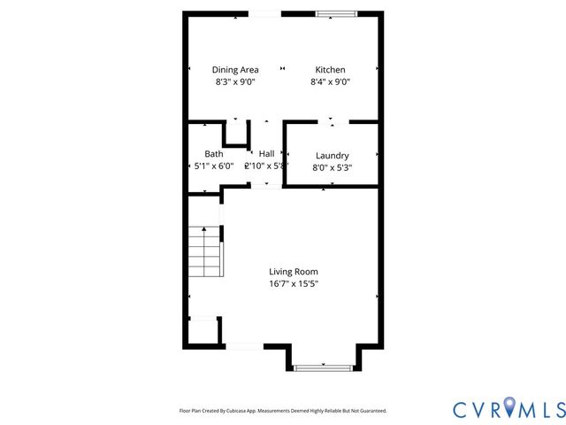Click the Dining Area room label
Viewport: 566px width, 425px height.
(233, 70)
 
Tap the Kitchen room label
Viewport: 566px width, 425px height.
(331, 70)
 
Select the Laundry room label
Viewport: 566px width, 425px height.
(331, 155)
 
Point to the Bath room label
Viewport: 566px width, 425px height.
(214, 153)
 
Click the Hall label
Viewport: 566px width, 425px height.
(266, 153)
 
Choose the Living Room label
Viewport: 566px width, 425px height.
(294, 272)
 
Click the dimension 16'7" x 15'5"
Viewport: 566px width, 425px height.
(294, 284)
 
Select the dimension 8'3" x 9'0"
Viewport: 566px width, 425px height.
(233, 81)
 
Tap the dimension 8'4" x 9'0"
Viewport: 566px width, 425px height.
(331, 81)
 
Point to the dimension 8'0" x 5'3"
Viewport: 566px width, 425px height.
(331, 166)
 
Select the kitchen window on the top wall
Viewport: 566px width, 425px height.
(338, 13)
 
